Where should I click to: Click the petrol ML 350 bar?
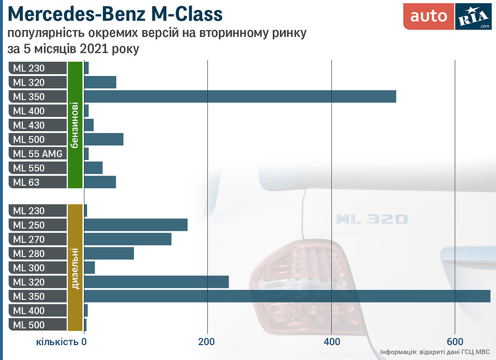(240, 97)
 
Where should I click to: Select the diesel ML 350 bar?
(287, 296)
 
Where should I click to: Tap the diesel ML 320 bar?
(156, 282)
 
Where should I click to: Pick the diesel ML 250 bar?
(136, 225)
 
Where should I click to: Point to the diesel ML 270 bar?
(128, 239)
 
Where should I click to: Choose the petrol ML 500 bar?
(103, 139)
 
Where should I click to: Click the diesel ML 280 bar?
(109, 253)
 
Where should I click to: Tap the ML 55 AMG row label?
(37, 154)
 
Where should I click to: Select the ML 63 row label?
(37, 182)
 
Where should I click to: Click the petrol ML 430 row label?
(37, 125)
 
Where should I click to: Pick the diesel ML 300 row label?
(37, 268)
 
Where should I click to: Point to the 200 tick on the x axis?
(207, 341)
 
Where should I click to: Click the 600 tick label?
(455, 341)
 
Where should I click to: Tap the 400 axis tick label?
(331, 341)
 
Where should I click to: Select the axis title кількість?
(58, 341)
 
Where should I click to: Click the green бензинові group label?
(75, 125)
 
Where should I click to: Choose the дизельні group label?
(75, 268)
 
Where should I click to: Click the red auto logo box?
(428, 16)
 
